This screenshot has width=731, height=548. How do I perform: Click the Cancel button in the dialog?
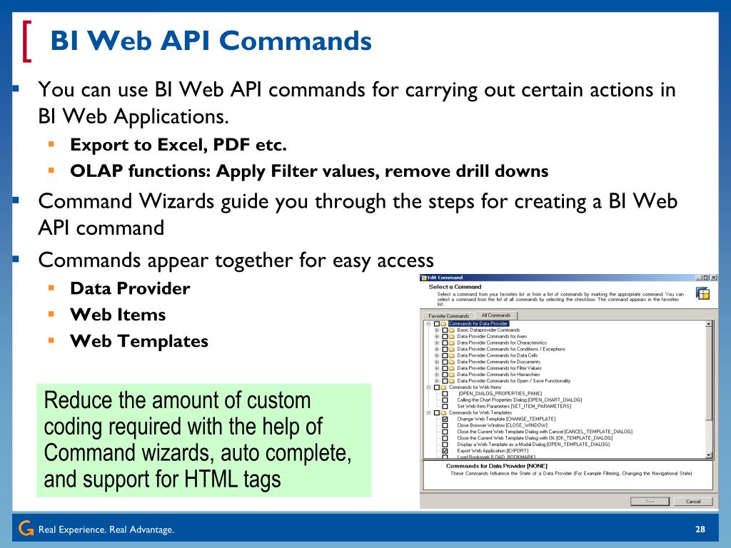tap(693, 501)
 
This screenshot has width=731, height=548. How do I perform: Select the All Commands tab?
tap(496, 315)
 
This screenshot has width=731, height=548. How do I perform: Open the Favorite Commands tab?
tap(449, 316)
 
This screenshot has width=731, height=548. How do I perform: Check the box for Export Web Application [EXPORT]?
tap(445, 451)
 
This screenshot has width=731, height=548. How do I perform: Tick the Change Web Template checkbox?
tap(445, 419)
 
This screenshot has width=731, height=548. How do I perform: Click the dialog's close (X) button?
tap(714, 278)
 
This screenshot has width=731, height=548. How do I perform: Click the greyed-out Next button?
tap(650, 501)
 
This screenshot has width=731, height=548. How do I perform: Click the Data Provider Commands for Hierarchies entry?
tap(498, 374)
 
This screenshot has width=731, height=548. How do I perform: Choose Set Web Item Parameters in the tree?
tap(514, 406)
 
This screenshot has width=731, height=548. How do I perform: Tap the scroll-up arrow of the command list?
tap(709, 324)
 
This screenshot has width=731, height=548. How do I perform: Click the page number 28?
tap(700, 529)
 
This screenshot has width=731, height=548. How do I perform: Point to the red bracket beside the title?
tap(28, 41)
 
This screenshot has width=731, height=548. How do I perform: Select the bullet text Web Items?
tap(118, 315)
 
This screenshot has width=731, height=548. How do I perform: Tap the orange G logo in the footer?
tap(26, 529)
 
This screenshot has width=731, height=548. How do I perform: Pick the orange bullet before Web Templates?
tap(51, 340)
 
